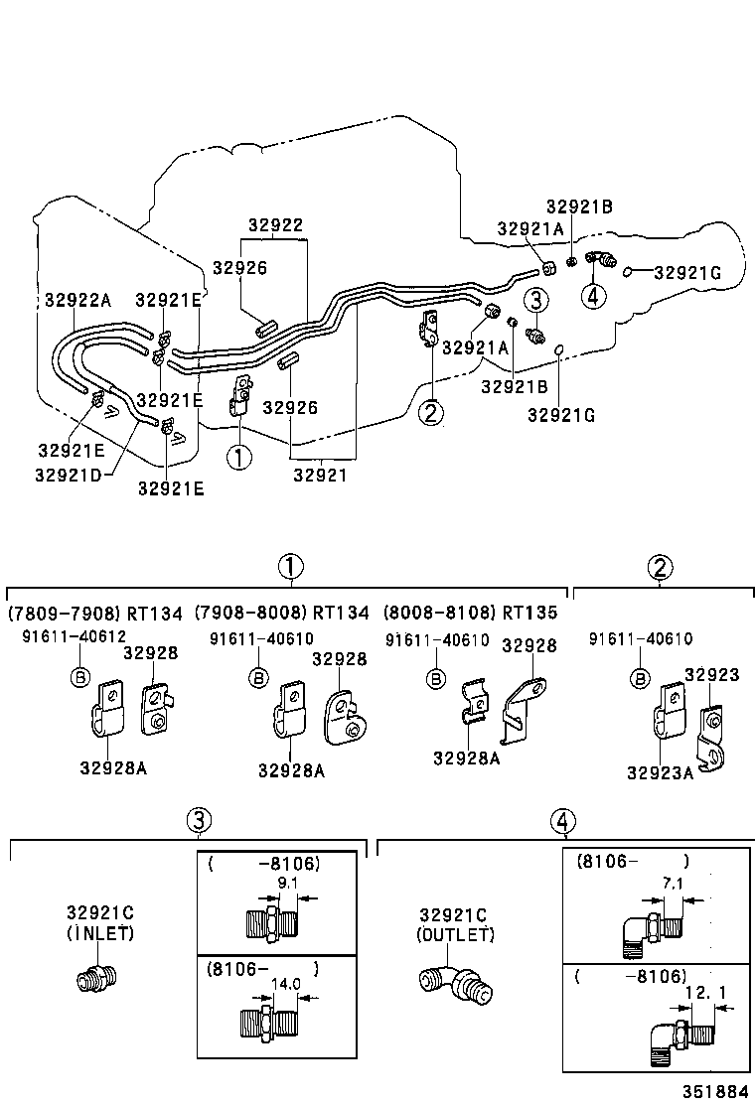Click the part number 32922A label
point(77,300)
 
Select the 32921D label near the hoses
point(69,475)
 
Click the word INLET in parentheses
point(100,933)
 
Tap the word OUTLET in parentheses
point(454,934)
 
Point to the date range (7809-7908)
point(65,614)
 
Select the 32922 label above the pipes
point(275,225)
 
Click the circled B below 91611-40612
point(78,677)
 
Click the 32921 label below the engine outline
point(320,475)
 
